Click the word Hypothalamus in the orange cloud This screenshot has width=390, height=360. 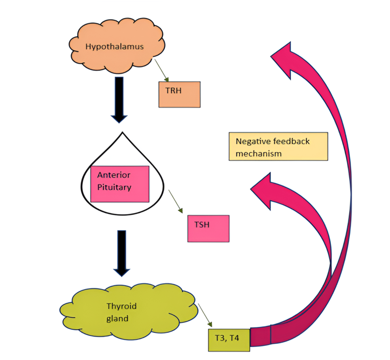click(x=114, y=47)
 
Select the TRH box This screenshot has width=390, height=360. click(x=179, y=94)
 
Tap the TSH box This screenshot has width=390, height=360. click(x=208, y=228)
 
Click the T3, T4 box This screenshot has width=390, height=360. click(x=229, y=339)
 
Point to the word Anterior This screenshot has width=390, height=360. click(x=114, y=175)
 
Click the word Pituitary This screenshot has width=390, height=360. click(x=114, y=187)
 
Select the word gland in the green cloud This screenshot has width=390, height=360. click(x=117, y=318)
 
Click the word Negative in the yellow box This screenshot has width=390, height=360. click(x=251, y=141)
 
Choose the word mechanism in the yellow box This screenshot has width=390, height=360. click(x=259, y=154)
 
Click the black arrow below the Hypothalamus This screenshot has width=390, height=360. click(x=118, y=99)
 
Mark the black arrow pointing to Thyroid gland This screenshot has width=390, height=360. click(x=122, y=252)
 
